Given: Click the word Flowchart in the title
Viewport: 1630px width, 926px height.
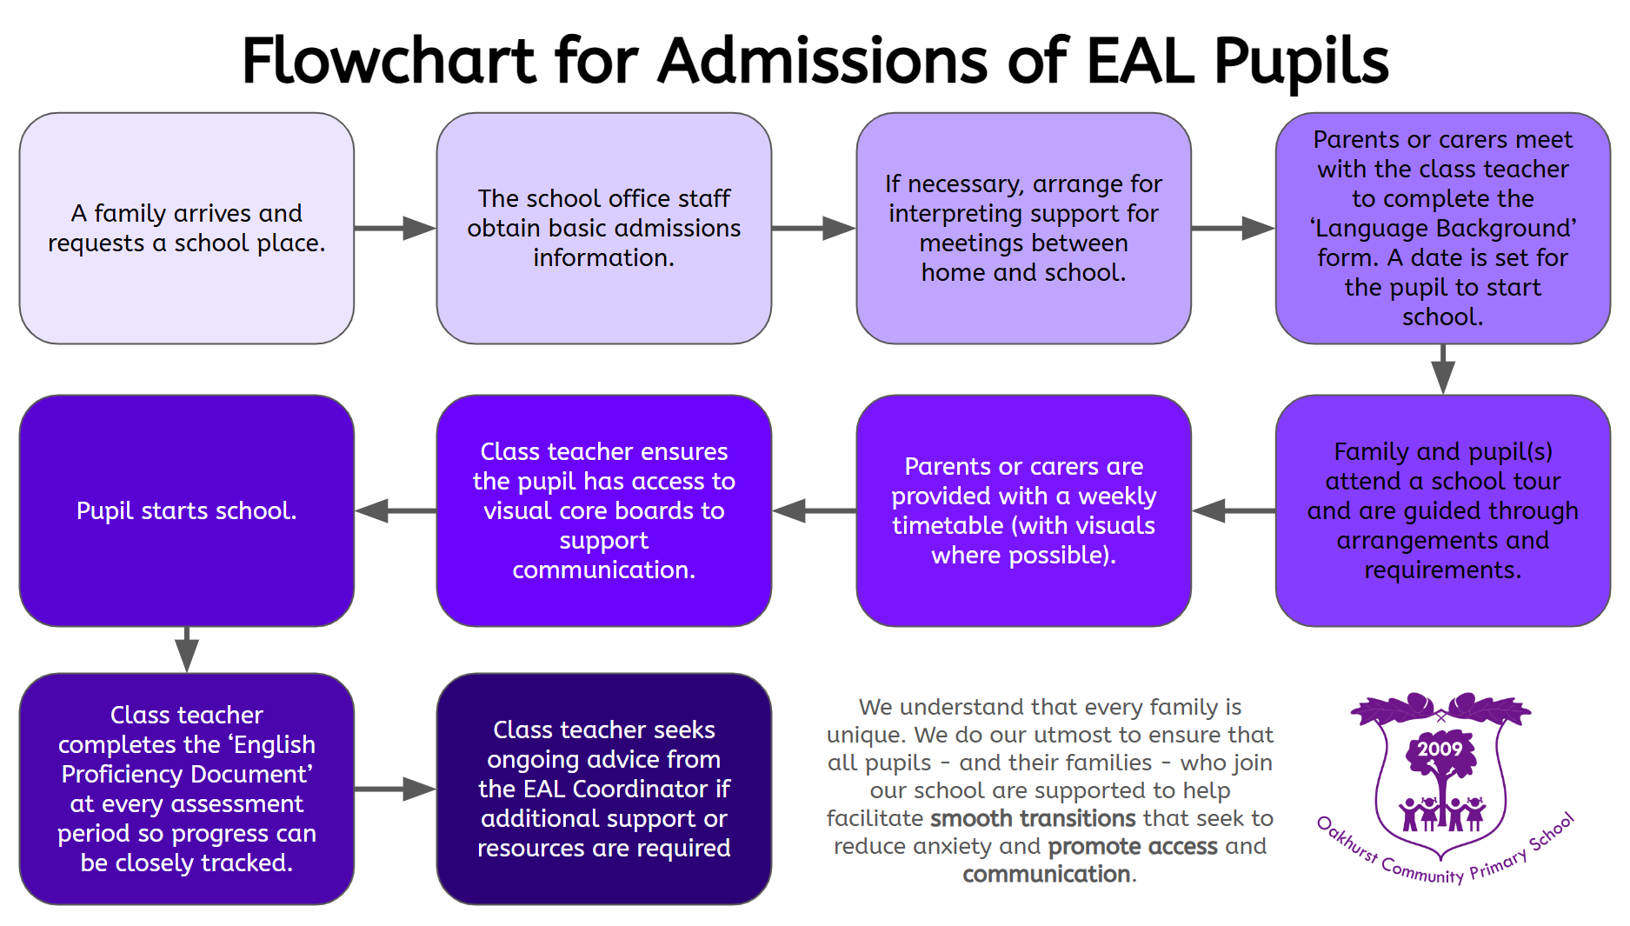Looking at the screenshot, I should pyautogui.click(x=389, y=61).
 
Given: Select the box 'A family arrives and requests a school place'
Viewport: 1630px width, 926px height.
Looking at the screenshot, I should pyautogui.click(x=186, y=228).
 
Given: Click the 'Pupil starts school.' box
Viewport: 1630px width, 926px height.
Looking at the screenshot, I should pyautogui.click(x=186, y=510).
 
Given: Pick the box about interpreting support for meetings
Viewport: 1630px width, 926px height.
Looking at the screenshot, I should pyautogui.click(x=1023, y=228).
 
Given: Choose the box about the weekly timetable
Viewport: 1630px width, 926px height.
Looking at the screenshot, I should pyautogui.click(x=1023, y=510).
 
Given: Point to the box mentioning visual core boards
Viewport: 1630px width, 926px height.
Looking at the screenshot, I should pyautogui.click(x=603, y=510).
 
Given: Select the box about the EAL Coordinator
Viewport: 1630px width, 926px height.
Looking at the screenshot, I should pyautogui.click(x=603, y=789).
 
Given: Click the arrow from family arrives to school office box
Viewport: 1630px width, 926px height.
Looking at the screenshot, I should pyautogui.click(x=396, y=228).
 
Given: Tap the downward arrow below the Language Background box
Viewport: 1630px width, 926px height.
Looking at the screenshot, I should pyautogui.click(x=1443, y=370).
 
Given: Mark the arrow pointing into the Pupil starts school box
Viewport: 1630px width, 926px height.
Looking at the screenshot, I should pyautogui.click(x=396, y=510).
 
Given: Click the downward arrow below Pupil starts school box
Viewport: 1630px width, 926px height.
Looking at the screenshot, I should pyautogui.click(x=186, y=650).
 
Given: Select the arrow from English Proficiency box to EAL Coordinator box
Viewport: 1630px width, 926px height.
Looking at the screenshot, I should pyautogui.click(x=396, y=789).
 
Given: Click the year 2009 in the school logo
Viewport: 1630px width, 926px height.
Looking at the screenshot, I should pyautogui.click(x=1440, y=749).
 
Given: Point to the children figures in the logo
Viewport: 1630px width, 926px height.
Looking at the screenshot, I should pyautogui.click(x=1441, y=814).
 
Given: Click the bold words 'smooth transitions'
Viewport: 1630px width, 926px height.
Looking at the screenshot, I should pyautogui.click(x=1033, y=818).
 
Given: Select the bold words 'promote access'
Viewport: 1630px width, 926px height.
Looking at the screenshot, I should pyautogui.click(x=1133, y=846).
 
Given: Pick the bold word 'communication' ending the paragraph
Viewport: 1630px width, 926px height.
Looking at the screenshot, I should pyautogui.click(x=1047, y=874).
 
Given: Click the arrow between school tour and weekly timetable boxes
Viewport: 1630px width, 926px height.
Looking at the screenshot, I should pyautogui.click(x=1233, y=510).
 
